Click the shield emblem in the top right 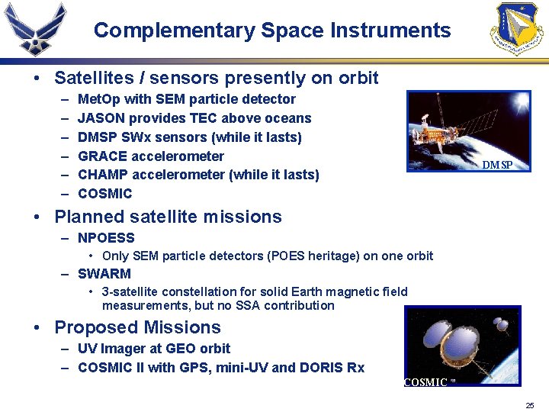(x=518, y=29)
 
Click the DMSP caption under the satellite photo (x=497, y=166)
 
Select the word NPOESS (x=106, y=238)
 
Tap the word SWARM (x=104, y=273)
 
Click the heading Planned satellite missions (x=168, y=217)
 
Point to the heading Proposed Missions (x=137, y=327)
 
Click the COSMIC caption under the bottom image (x=425, y=382)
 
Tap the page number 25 (x=529, y=405)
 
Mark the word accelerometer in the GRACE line (x=178, y=156)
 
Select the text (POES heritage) (x=313, y=256)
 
